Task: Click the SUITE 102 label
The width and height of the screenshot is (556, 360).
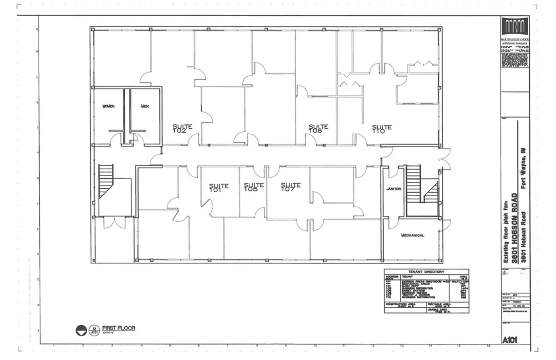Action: pos(182,129)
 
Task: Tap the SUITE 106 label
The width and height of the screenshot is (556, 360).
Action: pos(318,129)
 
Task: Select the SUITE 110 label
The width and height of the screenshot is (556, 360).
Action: pos(382,129)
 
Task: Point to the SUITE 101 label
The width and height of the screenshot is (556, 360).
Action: pos(219,188)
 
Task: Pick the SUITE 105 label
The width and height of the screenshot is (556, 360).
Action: pos(253,187)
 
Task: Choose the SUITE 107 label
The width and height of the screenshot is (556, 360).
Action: pos(291,187)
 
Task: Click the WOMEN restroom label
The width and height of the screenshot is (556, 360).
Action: pos(108,106)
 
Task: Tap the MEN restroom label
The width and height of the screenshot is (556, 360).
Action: pos(145,106)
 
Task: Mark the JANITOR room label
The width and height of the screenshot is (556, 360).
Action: pos(394,189)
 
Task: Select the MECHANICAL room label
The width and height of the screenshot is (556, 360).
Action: pos(413,236)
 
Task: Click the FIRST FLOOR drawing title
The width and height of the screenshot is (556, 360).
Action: pos(118,328)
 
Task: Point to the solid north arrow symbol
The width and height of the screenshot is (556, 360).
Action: pos(81,330)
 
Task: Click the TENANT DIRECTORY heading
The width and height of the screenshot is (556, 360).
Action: pos(426,272)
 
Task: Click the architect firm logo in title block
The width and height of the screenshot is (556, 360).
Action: pos(515,27)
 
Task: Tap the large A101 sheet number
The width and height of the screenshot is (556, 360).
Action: pos(510,340)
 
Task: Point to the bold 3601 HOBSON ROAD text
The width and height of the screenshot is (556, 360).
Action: pos(515,228)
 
